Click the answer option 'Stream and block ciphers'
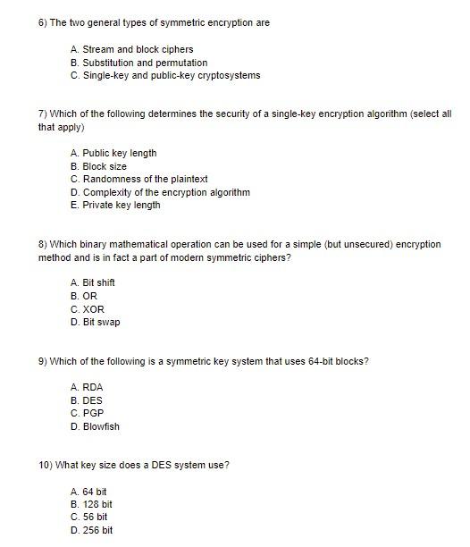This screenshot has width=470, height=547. coord(131,49)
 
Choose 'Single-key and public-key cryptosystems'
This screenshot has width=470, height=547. coord(165,75)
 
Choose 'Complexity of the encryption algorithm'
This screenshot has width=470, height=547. coord(160,192)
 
